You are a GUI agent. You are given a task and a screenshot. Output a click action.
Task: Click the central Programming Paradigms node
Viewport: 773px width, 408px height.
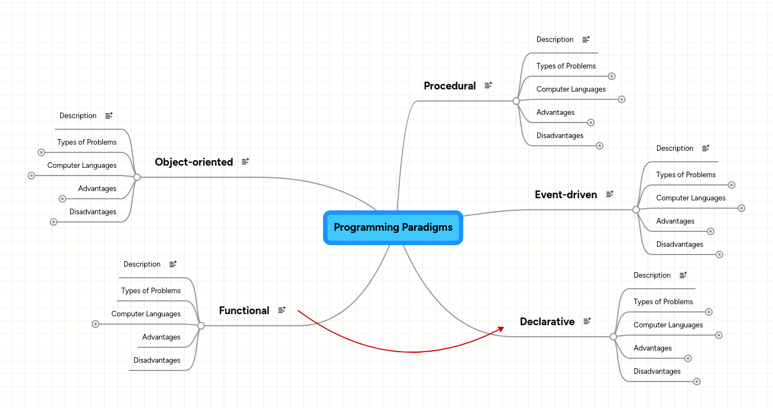pyautogui.click(x=393, y=227)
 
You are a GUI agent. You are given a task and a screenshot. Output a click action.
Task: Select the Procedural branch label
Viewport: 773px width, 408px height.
pyautogui.click(x=449, y=86)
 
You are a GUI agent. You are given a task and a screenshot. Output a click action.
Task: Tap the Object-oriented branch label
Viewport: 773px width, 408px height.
pyautogui.click(x=194, y=162)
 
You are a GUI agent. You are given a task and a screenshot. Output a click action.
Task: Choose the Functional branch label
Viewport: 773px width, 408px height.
pyautogui.click(x=244, y=310)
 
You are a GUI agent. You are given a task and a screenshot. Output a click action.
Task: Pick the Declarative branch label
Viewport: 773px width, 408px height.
pyautogui.click(x=547, y=321)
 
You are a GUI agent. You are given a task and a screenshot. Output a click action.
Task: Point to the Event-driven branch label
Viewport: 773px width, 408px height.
pyautogui.click(x=566, y=194)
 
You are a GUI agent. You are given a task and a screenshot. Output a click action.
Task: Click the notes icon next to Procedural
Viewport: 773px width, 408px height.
pyautogui.click(x=488, y=86)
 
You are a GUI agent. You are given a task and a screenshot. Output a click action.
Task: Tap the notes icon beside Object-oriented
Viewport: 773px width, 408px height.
pyautogui.click(x=246, y=162)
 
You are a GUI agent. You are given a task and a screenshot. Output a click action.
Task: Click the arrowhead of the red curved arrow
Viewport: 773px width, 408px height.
pyautogui.click(x=501, y=328)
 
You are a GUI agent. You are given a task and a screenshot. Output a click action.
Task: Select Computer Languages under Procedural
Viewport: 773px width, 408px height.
pyautogui.click(x=571, y=89)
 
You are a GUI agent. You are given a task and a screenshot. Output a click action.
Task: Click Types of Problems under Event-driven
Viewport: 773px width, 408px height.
pyautogui.click(x=686, y=175)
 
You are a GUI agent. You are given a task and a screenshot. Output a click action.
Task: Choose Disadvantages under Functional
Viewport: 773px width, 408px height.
pyautogui.click(x=157, y=361)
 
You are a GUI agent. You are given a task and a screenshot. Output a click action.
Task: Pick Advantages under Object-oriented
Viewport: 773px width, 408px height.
pyautogui.click(x=97, y=189)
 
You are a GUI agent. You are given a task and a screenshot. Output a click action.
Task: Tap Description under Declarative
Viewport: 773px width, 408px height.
pyautogui.click(x=652, y=275)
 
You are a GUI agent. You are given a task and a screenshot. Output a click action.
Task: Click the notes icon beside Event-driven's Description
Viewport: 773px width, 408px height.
pyautogui.click(x=706, y=149)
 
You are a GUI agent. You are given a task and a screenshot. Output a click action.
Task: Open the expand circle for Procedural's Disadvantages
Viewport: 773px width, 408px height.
pyautogui.click(x=600, y=146)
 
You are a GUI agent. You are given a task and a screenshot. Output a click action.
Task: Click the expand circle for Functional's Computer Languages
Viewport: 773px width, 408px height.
pyautogui.click(x=96, y=324)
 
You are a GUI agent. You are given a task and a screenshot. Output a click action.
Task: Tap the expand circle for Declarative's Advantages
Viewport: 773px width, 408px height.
pyautogui.click(x=687, y=358)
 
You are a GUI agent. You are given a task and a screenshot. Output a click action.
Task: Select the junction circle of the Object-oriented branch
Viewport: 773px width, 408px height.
pyautogui.click(x=137, y=177)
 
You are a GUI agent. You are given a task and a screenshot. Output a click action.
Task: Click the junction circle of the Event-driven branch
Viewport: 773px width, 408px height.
pyautogui.click(x=636, y=210)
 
